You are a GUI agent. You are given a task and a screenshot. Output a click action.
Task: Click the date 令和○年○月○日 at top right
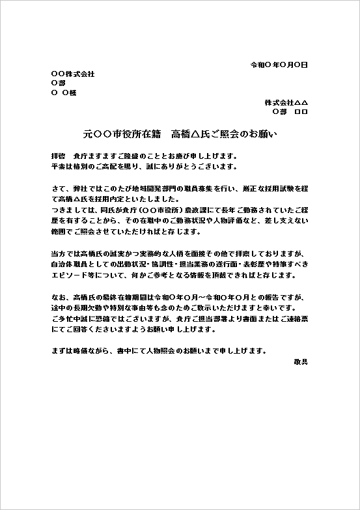coord(279,65)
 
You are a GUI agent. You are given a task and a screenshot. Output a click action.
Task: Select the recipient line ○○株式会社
coord(72,74)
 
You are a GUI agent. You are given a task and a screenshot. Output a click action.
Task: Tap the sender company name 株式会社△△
coord(286,103)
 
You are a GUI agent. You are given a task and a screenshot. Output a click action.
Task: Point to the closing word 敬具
coord(300,360)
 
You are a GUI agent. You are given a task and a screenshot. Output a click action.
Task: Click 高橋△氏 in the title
coord(191,135)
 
